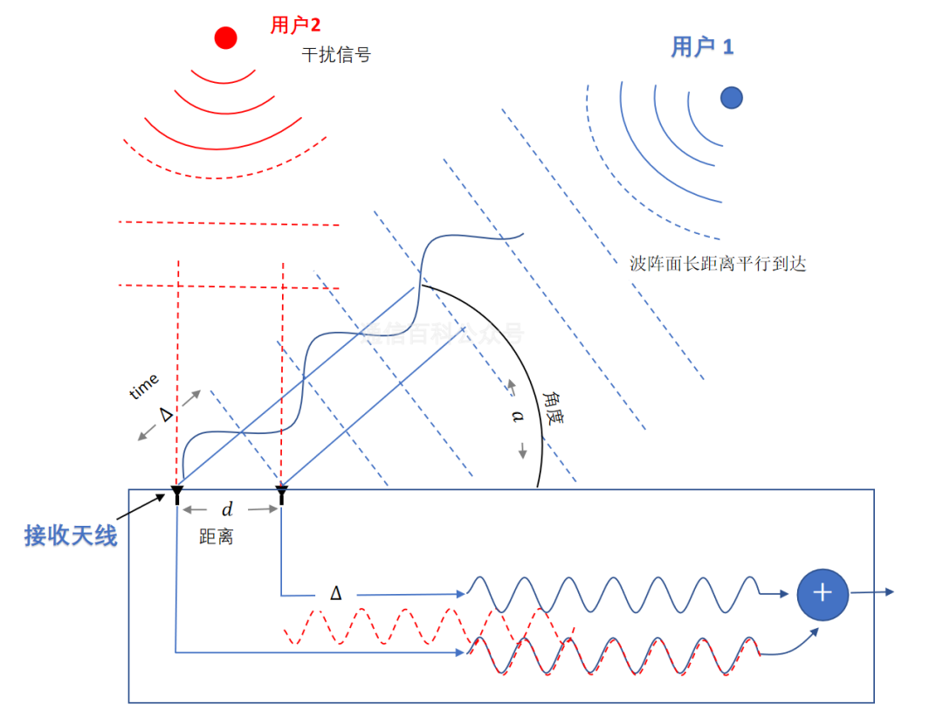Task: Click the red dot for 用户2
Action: pos(226,38)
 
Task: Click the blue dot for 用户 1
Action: pos(731,98)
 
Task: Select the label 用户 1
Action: pos(702,47)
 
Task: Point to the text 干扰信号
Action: pos(336,54)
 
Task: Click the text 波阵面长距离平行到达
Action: pos(717,263)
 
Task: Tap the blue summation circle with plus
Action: pos(822,594)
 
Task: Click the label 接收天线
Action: pos(71,535)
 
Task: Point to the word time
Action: pos(144,386)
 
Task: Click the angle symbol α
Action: pos(516,418)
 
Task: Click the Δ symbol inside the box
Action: pos(335,594)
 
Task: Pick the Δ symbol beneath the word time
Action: pos(167,414)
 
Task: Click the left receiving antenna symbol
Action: pos(177,495)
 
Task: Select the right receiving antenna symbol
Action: pos(281,495)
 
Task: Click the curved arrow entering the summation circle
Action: pos(791,643)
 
